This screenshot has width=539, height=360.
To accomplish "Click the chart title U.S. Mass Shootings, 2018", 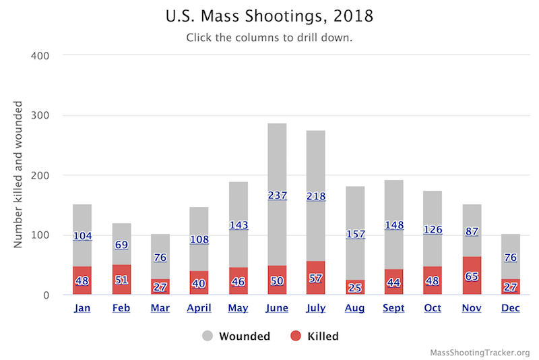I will [x=269, y=16].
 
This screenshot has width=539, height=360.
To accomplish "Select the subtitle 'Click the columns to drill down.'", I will [x=269, y=38].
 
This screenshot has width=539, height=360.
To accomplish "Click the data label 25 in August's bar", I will [x=354, y=288].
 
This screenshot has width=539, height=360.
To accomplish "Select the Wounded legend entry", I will [x=236, y=336].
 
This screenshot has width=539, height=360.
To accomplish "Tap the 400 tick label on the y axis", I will [x=40, y=55].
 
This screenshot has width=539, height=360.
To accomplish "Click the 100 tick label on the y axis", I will [x=40, y=235].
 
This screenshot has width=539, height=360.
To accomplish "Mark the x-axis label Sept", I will [x=393, y=309].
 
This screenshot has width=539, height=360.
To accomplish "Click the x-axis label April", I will [x=199, y=309].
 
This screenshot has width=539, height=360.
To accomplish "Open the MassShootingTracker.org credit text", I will [x=479, y=352].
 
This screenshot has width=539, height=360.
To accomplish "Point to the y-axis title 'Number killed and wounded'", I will [x=19, y=175].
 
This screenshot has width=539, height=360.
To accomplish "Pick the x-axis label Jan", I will [x=82, y=309].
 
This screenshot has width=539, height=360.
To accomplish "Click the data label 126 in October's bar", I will [x=433, y=230].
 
